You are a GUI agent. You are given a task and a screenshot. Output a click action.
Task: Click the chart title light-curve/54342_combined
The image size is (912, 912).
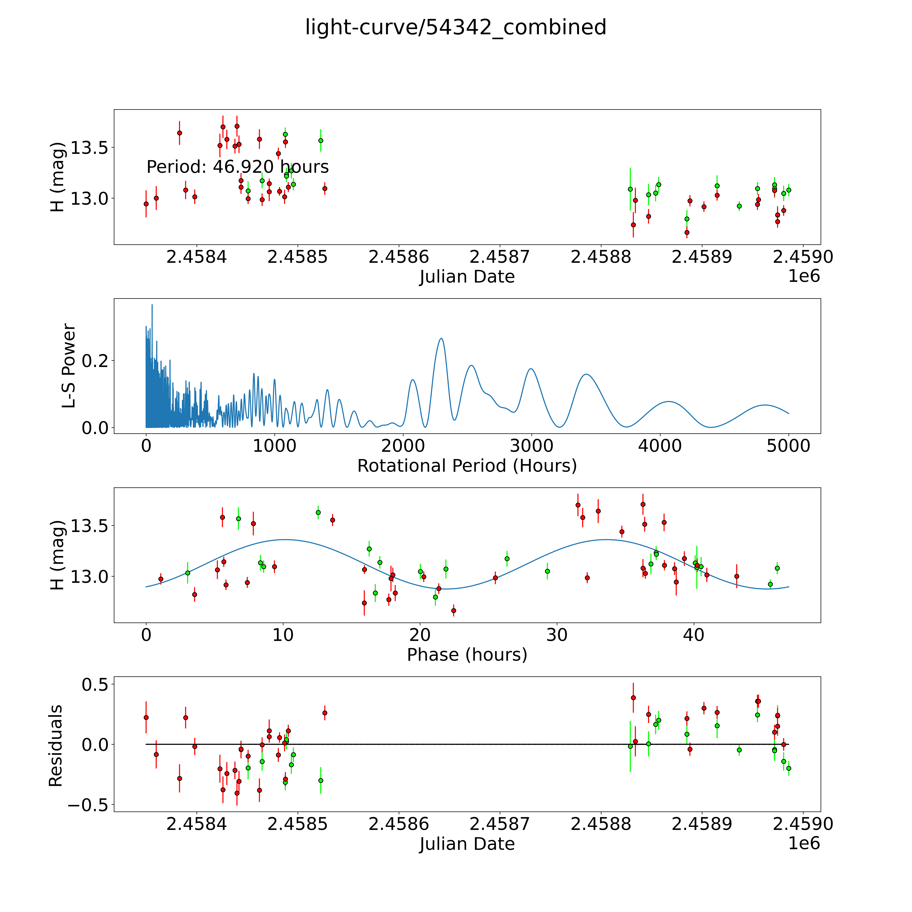coord(455,27)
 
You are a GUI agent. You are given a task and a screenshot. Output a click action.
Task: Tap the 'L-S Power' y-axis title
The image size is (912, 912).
coord(69,366)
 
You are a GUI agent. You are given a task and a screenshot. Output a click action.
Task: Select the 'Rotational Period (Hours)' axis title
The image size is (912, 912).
coord(467,466)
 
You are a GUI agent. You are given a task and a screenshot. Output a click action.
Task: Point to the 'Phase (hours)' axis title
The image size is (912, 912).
coord(467,655)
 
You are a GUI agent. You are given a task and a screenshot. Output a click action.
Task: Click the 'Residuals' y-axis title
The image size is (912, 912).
coord(56,746)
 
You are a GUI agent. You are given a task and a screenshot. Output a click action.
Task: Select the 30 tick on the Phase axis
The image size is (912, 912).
coord(557,635)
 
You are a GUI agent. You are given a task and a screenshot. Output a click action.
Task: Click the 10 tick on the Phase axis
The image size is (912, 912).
coord(283,635)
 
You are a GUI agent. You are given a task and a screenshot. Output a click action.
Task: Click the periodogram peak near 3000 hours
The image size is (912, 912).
coord(531,369)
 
